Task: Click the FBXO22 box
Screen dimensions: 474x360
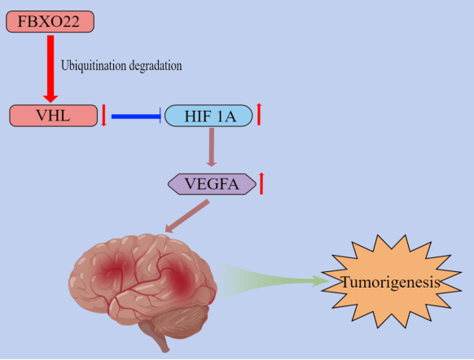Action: [50, 21]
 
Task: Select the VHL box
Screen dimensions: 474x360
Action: [54, 116]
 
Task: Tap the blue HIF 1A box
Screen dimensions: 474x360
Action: [208, 116]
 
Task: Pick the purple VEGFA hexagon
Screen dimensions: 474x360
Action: [213, 184]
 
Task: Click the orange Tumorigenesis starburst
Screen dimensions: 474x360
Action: [392, 282]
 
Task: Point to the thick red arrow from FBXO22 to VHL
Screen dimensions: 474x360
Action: [50, 68]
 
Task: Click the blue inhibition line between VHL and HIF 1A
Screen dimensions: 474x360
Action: [136, 116]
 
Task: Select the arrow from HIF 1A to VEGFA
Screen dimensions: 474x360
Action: [212, 147]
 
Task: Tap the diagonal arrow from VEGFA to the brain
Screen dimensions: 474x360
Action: [187, 216]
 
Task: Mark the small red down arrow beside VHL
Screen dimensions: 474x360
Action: [103, 115]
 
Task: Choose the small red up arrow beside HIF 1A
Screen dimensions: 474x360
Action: [259, 114]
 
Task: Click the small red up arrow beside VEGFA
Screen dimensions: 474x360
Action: [261, 183]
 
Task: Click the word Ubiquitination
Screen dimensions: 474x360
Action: [94, 66]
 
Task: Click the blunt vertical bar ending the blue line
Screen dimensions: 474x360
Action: [160, 116]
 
